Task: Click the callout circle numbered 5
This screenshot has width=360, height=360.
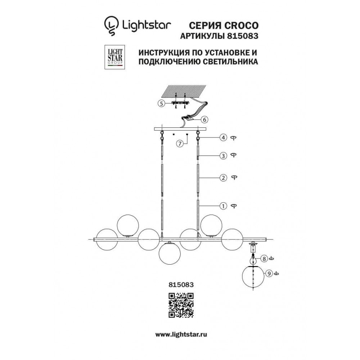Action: (161, 104)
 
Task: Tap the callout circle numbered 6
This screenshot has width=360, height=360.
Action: (204, 120)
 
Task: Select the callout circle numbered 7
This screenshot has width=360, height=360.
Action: (180, 144)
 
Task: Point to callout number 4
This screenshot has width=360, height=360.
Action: (223, 138)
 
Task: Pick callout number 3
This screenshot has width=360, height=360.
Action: (223, 156)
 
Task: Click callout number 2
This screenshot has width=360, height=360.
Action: (223, 178)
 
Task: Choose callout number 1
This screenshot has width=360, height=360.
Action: (223, 206)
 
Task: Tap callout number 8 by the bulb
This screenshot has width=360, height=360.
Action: (264, 259)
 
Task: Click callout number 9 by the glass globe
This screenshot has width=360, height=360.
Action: (269, 274)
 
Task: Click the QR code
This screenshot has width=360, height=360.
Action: (181, 305)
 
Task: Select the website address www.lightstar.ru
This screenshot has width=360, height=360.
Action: (181, 334)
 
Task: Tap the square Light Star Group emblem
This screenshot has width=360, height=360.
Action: (114, 57)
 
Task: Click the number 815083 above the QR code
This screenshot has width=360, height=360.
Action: (181, 285)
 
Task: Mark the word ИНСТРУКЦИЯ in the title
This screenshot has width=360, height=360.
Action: (163, 53)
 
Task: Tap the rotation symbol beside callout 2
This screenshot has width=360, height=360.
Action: (234, 177)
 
